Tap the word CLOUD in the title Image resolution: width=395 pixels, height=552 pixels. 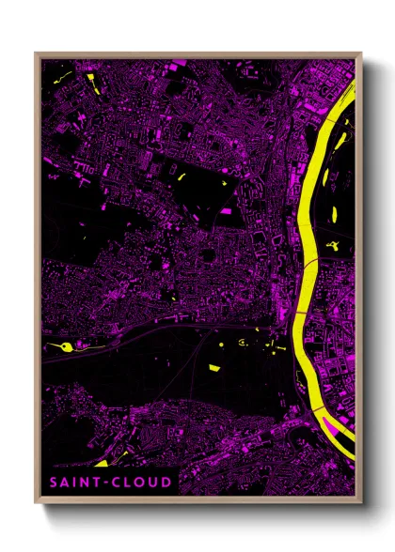tap(138, 483)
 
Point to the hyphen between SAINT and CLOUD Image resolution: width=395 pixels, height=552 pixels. tap(105, 483)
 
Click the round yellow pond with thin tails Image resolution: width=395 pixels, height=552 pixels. tap(65, 347)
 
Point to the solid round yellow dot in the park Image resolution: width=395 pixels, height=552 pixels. tap(221, 345)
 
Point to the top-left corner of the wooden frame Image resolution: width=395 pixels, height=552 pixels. tap(36, 54)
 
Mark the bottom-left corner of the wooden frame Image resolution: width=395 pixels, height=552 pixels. tap(36, 501)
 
